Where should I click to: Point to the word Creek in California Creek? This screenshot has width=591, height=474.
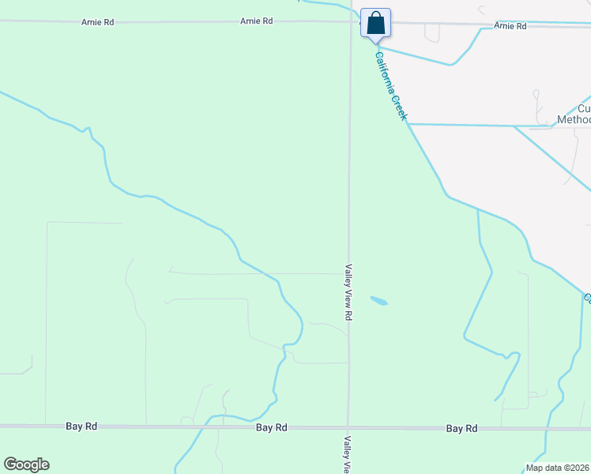tap(401, 108)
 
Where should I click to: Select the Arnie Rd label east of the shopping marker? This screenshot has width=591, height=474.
tap(510, 26)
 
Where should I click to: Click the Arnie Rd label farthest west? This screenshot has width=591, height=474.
tap(98, 22)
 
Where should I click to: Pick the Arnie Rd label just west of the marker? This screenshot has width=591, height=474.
tap(257, 21)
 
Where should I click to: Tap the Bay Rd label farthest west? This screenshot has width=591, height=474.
tap(81, 426)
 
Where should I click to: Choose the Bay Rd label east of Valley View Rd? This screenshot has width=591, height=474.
tap(461, 428)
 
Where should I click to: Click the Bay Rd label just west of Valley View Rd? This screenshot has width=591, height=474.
tap(272, 427)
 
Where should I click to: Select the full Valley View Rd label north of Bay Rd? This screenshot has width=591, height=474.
tap(347, 292)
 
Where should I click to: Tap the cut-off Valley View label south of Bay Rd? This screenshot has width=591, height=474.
tap(346, 454)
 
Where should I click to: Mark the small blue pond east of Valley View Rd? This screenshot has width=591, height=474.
tap(379, 301)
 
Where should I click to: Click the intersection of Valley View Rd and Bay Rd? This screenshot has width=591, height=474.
tap(348, 427)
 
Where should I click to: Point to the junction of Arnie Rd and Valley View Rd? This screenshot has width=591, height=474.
tap(351, 22)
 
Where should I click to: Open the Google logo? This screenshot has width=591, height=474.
tap(26, 465)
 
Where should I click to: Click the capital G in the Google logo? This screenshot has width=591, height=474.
tap(9, 465)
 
